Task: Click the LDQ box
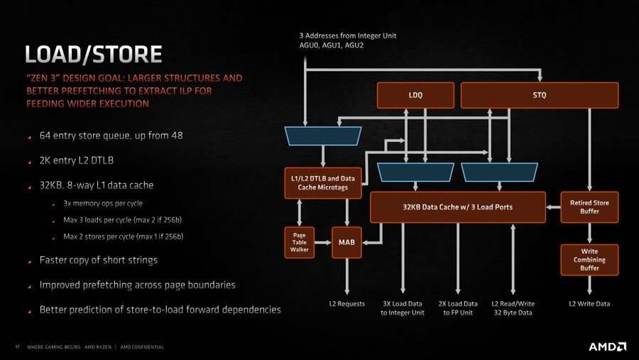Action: tap(415, 96)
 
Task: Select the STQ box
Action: tap(540, 96)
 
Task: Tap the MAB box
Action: tap(346, 243)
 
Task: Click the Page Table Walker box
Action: tap(299, 244)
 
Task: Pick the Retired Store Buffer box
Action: tap(589, 207)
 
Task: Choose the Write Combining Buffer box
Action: tap(589, 261)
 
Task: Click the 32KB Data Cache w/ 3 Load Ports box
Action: tap(458, 207)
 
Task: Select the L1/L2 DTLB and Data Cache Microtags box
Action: tap(323, 182)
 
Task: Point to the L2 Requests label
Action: tap(346, 304)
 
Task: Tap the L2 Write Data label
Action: tap(589, 304)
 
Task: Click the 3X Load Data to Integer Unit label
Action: tap(403, 308)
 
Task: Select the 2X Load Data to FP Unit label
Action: tap(458, 308)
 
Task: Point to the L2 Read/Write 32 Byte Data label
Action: tap(513, 308)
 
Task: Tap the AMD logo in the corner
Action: tap(607, 347)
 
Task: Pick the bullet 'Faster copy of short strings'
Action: tap(98, 260)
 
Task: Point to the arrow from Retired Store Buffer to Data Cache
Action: tap(553, 207)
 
